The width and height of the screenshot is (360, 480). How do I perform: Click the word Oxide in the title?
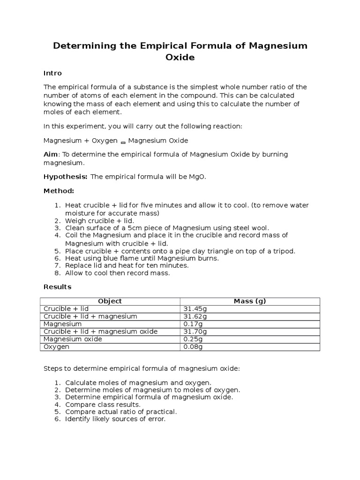point(180,58)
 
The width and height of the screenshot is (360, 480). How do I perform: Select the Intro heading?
point(52,73)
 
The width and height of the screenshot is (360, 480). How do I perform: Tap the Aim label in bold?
point(51,154)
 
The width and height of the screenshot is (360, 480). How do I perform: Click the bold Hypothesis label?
point(65,176)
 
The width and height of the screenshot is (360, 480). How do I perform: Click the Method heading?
point(59,191)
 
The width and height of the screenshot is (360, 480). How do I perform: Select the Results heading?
point(58,287)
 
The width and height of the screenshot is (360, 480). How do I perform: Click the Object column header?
point(110,301)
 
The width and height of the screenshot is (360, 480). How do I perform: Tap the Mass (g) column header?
point(250,301)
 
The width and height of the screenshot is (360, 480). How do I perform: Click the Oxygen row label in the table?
point(56,346)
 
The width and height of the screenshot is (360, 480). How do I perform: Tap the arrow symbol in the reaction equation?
point(123,142)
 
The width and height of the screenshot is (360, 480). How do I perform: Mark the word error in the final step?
point(156,419)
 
